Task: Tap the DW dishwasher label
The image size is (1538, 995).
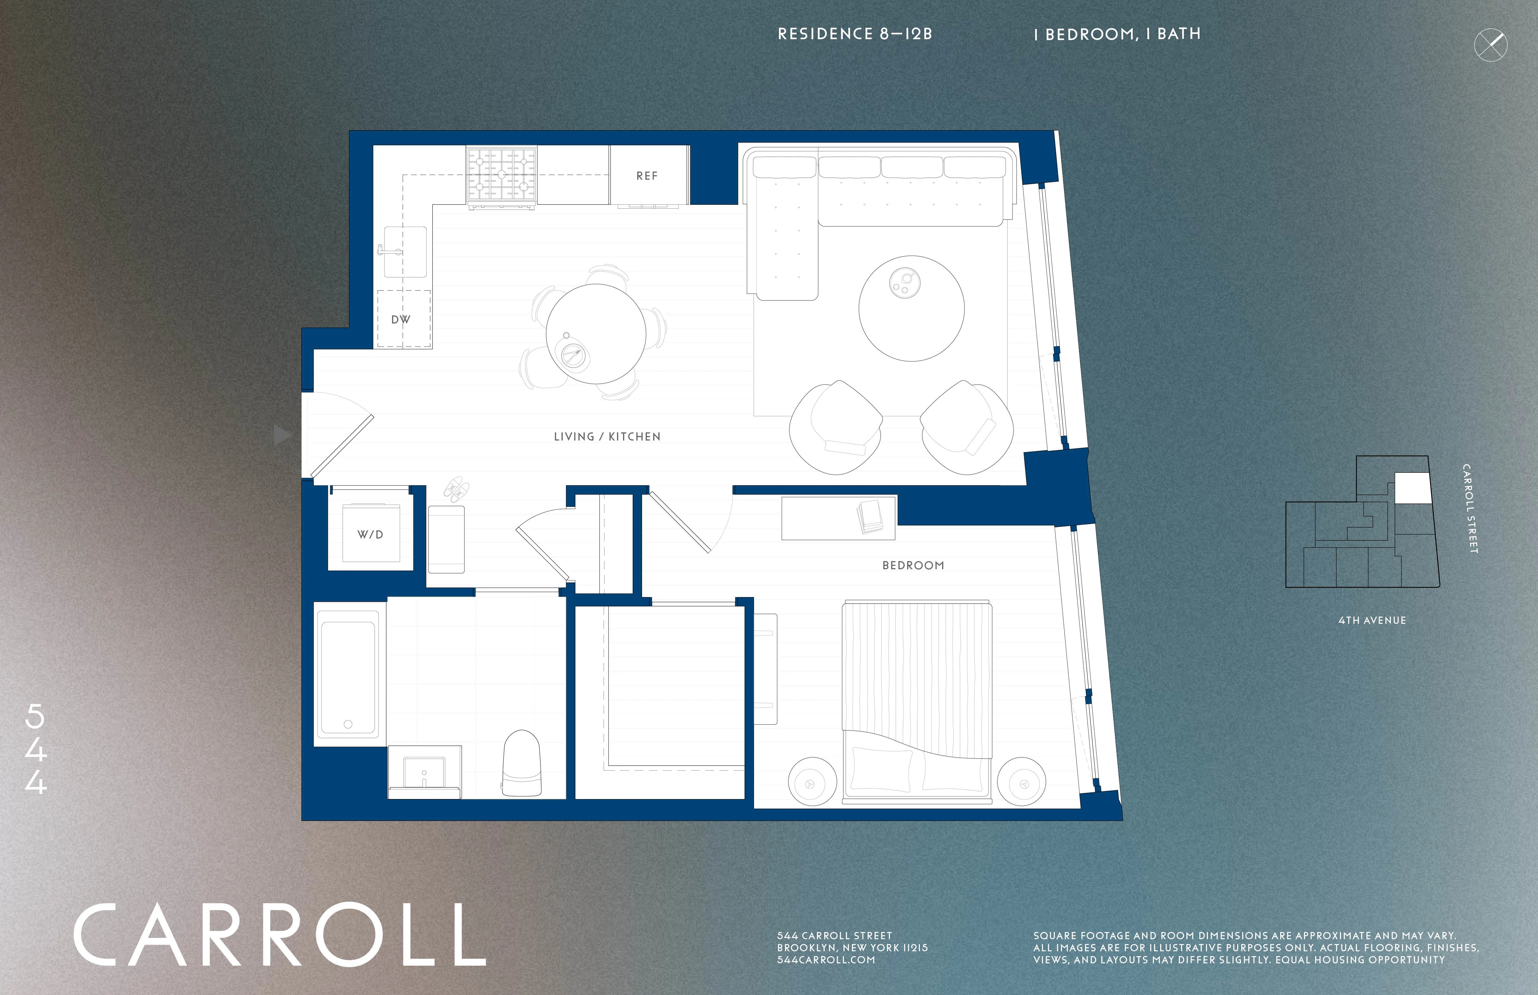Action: click(401, 319)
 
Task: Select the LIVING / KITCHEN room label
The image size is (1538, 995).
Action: click(607, 437)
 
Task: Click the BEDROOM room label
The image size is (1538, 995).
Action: click(913, 565)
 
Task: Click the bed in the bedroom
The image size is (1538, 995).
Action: click(916, 701)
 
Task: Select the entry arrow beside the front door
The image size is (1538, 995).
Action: click(282, 435)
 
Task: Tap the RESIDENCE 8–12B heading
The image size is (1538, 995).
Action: click(854, 34)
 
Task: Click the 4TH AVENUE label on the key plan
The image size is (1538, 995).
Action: click(1371, 620)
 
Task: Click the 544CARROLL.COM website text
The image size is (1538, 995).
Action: click(825, 960)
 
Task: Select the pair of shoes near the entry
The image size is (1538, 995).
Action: click(456, 489)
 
